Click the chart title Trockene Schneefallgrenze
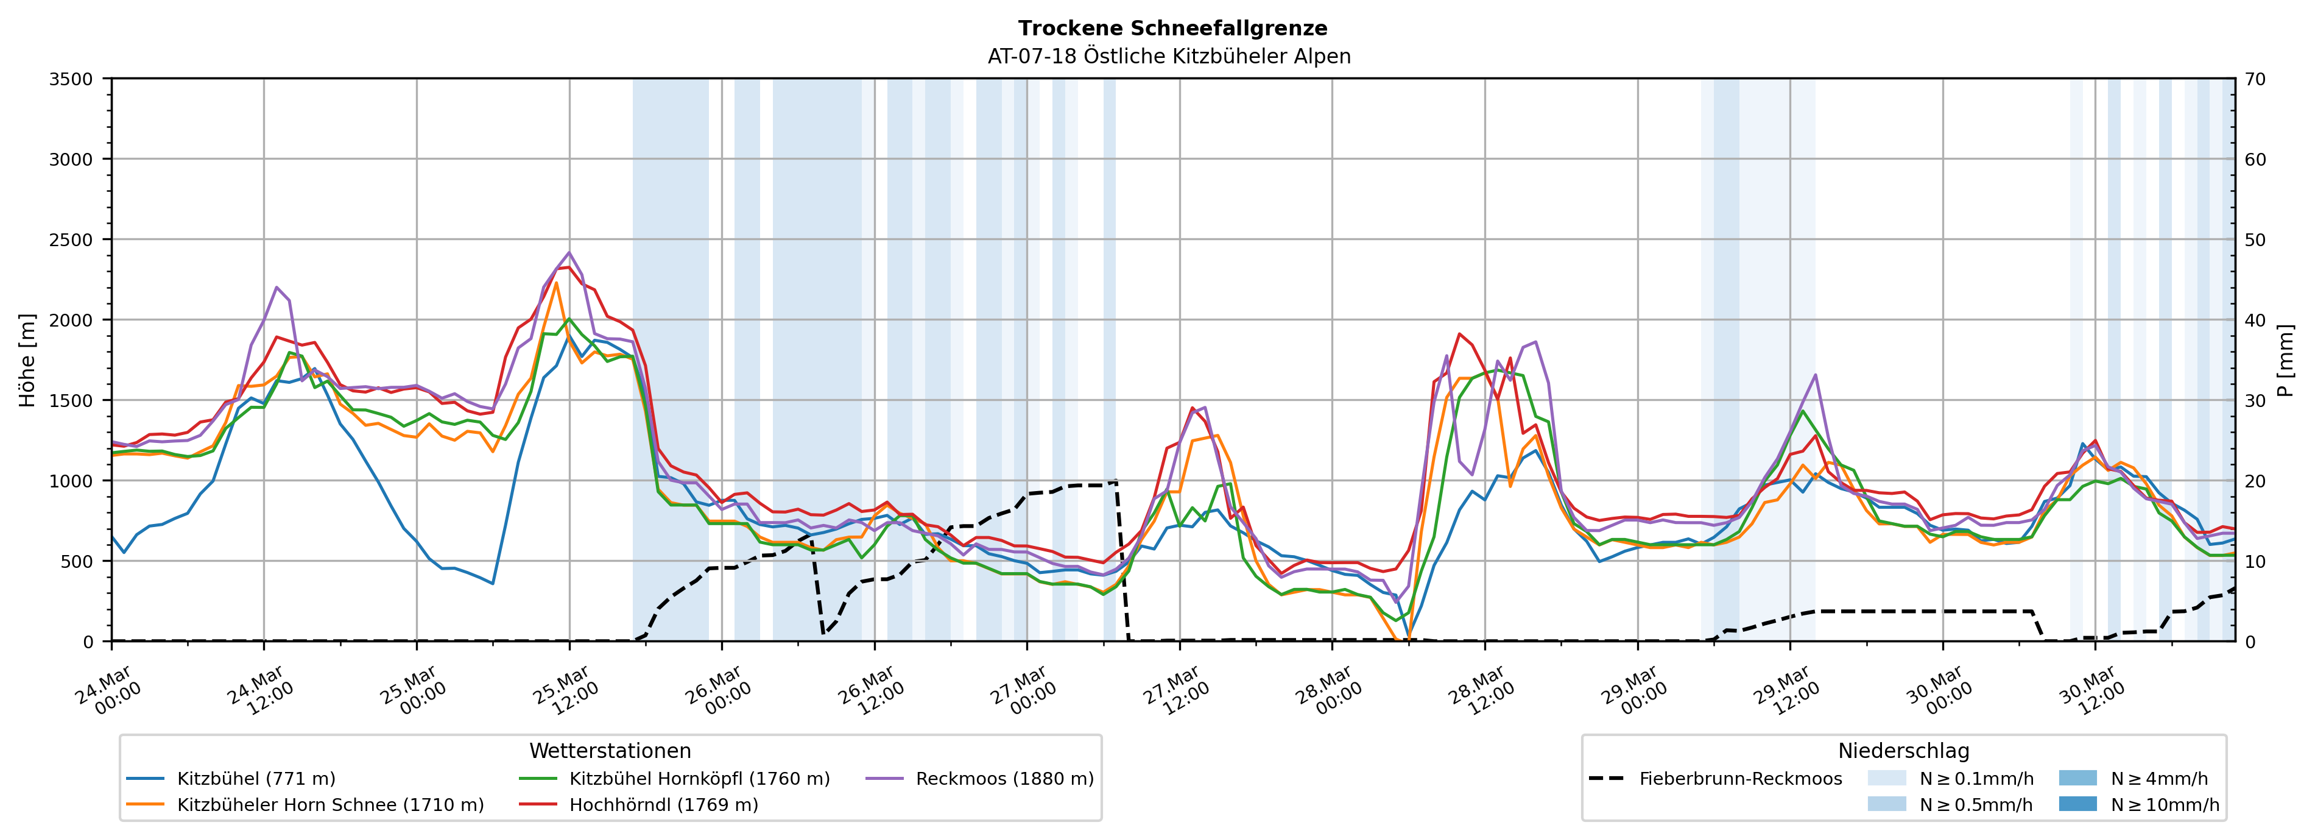pyautogui.click(x=1172, y=29)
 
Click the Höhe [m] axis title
pyautogui.click(x=28, y=359)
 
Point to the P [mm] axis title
pyautogui.click(x=2285, y=359)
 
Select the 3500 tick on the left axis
pyautogui.click(x=70, y=79)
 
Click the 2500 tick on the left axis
pyautogui.click(x=70, y=240)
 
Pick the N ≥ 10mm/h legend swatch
pyautogui.click(x=2077, y=804)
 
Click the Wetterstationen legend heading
pyautogui.click(x=610, y=751)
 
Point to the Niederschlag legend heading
pyautogui.click(x=1903, y=751)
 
